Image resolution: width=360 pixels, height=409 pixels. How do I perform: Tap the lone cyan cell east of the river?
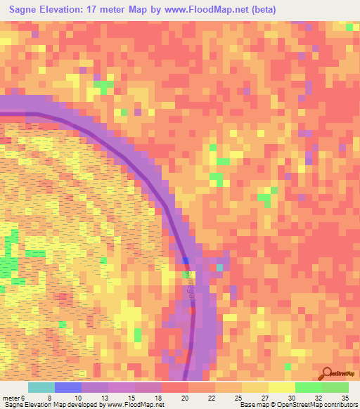(219, 267)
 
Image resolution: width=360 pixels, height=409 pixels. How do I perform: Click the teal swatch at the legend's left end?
(41, 388)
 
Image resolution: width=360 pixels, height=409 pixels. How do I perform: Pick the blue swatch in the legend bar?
(67, 388)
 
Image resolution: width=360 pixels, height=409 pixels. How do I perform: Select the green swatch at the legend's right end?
(335, 388)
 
